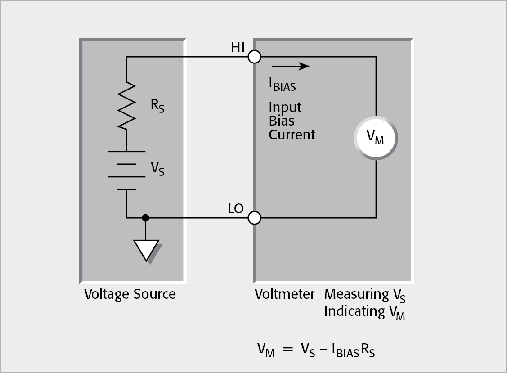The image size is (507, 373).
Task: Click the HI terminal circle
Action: point(255,57)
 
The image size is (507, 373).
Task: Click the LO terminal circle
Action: point(255,218)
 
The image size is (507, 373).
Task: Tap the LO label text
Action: point(236,209)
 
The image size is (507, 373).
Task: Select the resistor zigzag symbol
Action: point(127,106)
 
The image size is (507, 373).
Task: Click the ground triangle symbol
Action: point(146,250)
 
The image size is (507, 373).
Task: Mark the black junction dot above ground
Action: point(145,218)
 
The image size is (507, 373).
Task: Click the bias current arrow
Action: point(290,67)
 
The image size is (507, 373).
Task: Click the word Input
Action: point(285,108)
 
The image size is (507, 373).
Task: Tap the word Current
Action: point(292,135)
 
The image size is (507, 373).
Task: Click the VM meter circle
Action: point(376,139)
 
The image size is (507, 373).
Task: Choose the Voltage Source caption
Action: point(130,294)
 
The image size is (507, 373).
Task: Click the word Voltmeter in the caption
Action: point(285,294)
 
